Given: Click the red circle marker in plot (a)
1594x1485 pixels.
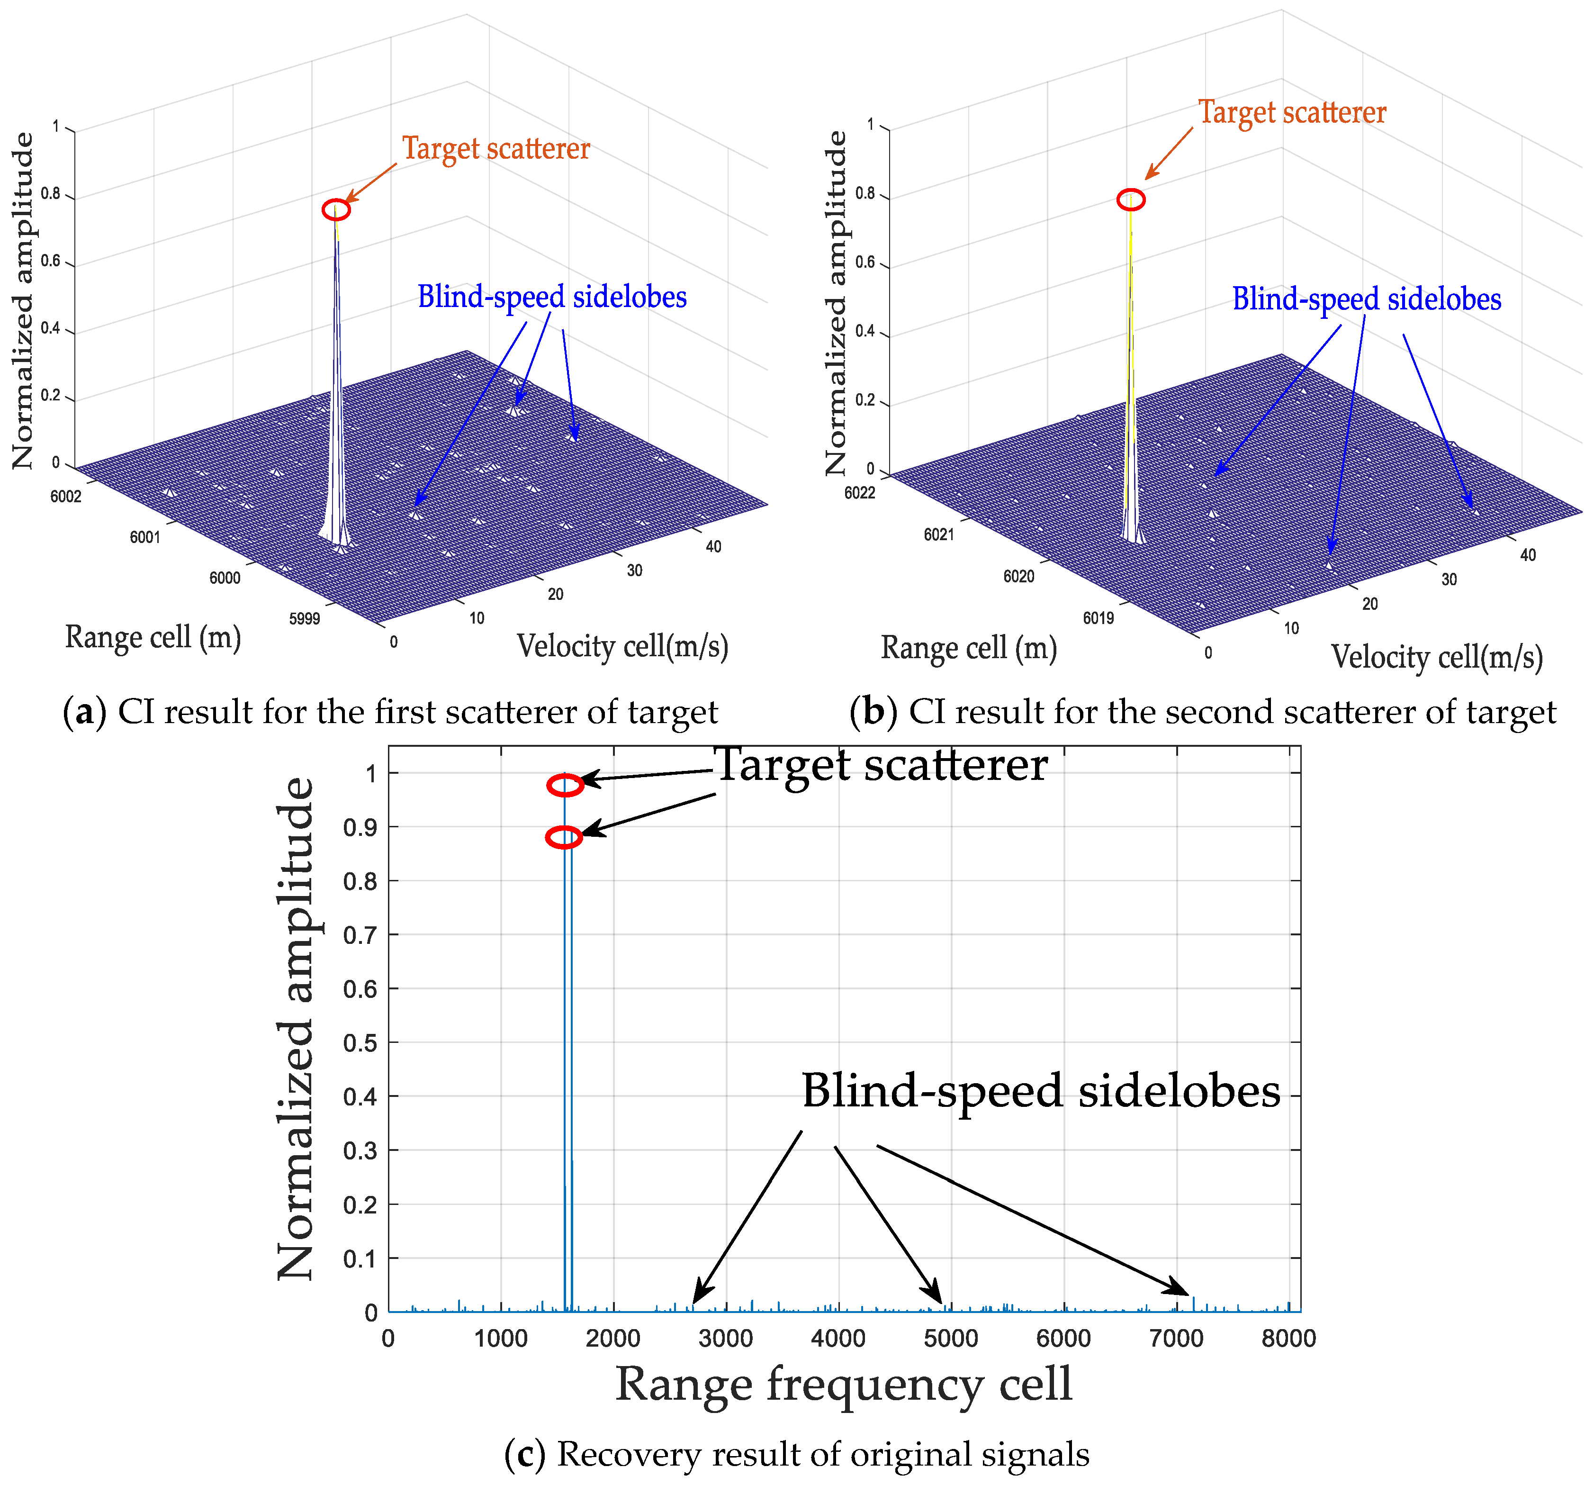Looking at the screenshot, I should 336,210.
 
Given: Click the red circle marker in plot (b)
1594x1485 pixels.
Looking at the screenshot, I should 1131,199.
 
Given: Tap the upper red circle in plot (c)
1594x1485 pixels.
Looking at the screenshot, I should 565,786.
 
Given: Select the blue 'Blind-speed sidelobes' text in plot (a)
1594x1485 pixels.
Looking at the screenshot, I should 552,298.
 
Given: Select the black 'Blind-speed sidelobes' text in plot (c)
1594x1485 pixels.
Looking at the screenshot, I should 1041,1092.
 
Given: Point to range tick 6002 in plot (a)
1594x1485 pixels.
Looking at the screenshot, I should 66,496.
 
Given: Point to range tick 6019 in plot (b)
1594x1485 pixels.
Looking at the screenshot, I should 1099,617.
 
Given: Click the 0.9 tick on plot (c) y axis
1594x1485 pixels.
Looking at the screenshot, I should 360,827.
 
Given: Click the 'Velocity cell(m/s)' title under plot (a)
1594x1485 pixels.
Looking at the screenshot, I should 622,646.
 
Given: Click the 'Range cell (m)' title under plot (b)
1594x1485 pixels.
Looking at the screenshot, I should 969,648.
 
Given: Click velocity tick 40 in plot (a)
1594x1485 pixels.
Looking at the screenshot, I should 713,547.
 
